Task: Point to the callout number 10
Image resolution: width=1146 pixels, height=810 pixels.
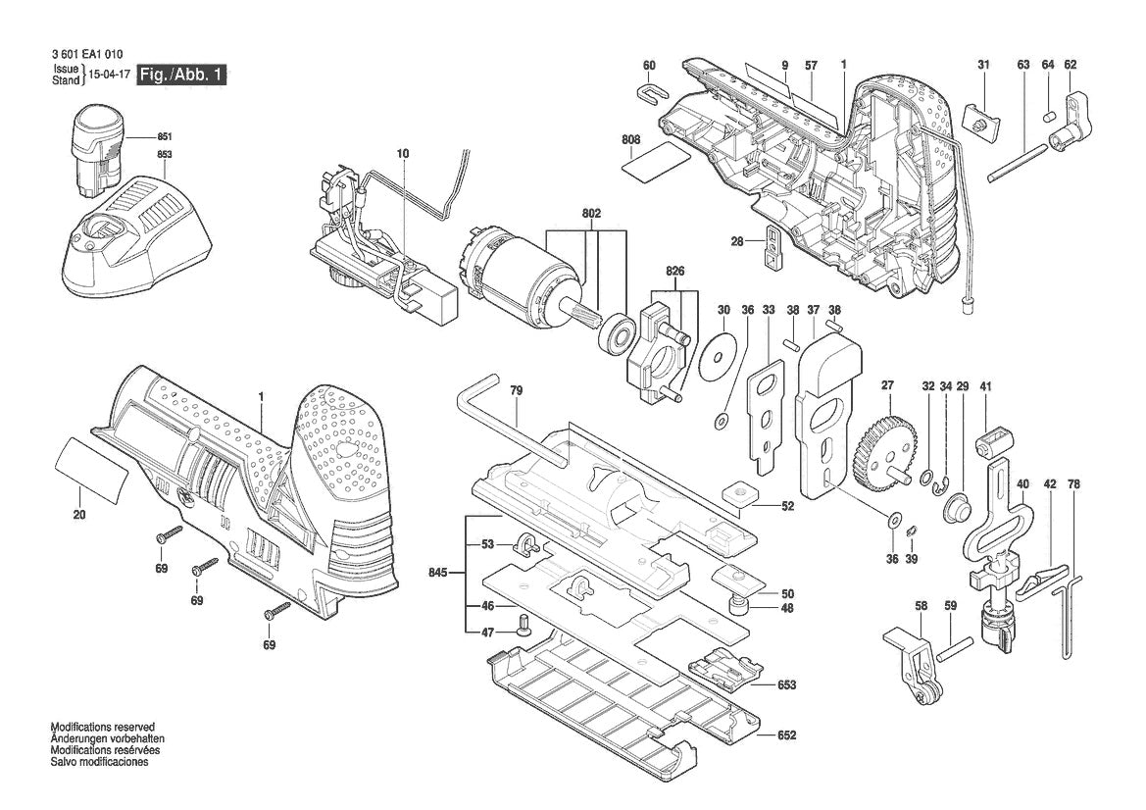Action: (402, 154)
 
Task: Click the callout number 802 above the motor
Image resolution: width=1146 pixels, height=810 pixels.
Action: (591, 213)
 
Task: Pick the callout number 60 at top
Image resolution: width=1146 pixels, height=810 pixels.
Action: (649, 66)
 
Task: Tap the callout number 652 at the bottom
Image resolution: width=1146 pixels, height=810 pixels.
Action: (787, 735)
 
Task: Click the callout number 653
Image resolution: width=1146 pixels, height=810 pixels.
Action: (787, 684)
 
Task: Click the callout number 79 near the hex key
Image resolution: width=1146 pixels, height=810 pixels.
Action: (517, 390)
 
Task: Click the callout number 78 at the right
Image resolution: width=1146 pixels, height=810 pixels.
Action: (1073, 483)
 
